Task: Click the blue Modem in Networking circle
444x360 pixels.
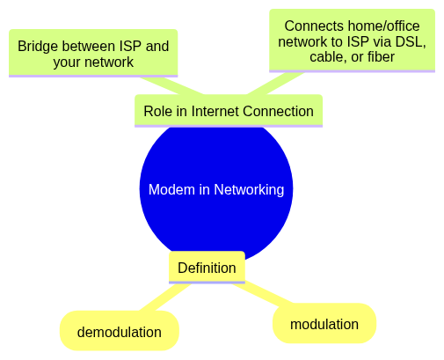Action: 216,189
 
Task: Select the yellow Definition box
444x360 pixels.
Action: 207,268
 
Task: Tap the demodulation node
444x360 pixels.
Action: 120,331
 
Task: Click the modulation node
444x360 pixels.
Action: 324,323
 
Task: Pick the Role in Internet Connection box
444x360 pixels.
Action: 229,111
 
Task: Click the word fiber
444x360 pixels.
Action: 382,56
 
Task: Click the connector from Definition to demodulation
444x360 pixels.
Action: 164,298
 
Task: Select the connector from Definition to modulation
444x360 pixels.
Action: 263,293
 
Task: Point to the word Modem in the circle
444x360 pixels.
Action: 171,189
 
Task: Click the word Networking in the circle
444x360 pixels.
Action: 249,190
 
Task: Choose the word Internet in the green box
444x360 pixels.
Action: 215,111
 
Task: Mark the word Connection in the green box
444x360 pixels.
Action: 278,111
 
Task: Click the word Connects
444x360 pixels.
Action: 314,26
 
